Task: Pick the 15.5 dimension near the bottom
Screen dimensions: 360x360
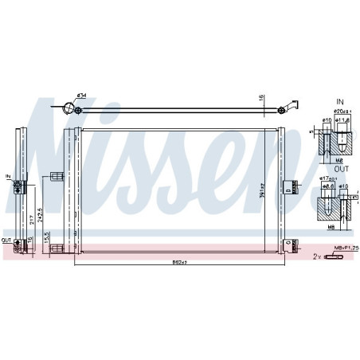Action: (49, 237)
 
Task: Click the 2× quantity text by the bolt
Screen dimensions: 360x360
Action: (318, 256)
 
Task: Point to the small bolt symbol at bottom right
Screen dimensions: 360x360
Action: (333, 256)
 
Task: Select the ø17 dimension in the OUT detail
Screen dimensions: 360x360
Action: (328, 180)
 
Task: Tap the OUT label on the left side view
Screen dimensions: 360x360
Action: (6, 241)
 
